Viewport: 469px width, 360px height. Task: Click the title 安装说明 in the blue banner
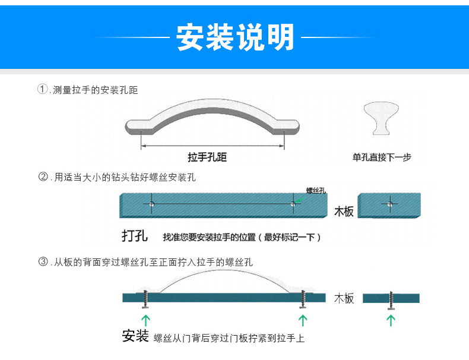click(235, 37)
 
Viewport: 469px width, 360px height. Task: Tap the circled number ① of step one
click(42, 90)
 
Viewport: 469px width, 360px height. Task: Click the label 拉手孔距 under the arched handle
click(207, 157)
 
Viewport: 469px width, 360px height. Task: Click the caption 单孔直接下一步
click(381, 157)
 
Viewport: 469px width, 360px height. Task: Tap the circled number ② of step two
click(42, 176)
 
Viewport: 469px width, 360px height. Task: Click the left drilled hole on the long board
click(151, 204)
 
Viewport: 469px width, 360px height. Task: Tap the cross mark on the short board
click(389, 204)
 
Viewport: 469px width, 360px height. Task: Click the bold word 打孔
click(134, 235)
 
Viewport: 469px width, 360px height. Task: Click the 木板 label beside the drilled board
click(344, 211)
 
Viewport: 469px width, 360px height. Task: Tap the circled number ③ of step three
click(42, 261)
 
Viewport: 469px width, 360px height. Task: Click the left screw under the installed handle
click(145, 299)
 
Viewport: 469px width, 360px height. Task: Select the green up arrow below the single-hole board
click(391, 321)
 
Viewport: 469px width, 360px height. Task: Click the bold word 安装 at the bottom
click(135, 336)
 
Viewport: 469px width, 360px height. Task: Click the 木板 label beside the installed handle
click(344, 298)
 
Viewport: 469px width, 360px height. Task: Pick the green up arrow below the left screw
click(145, 321)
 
